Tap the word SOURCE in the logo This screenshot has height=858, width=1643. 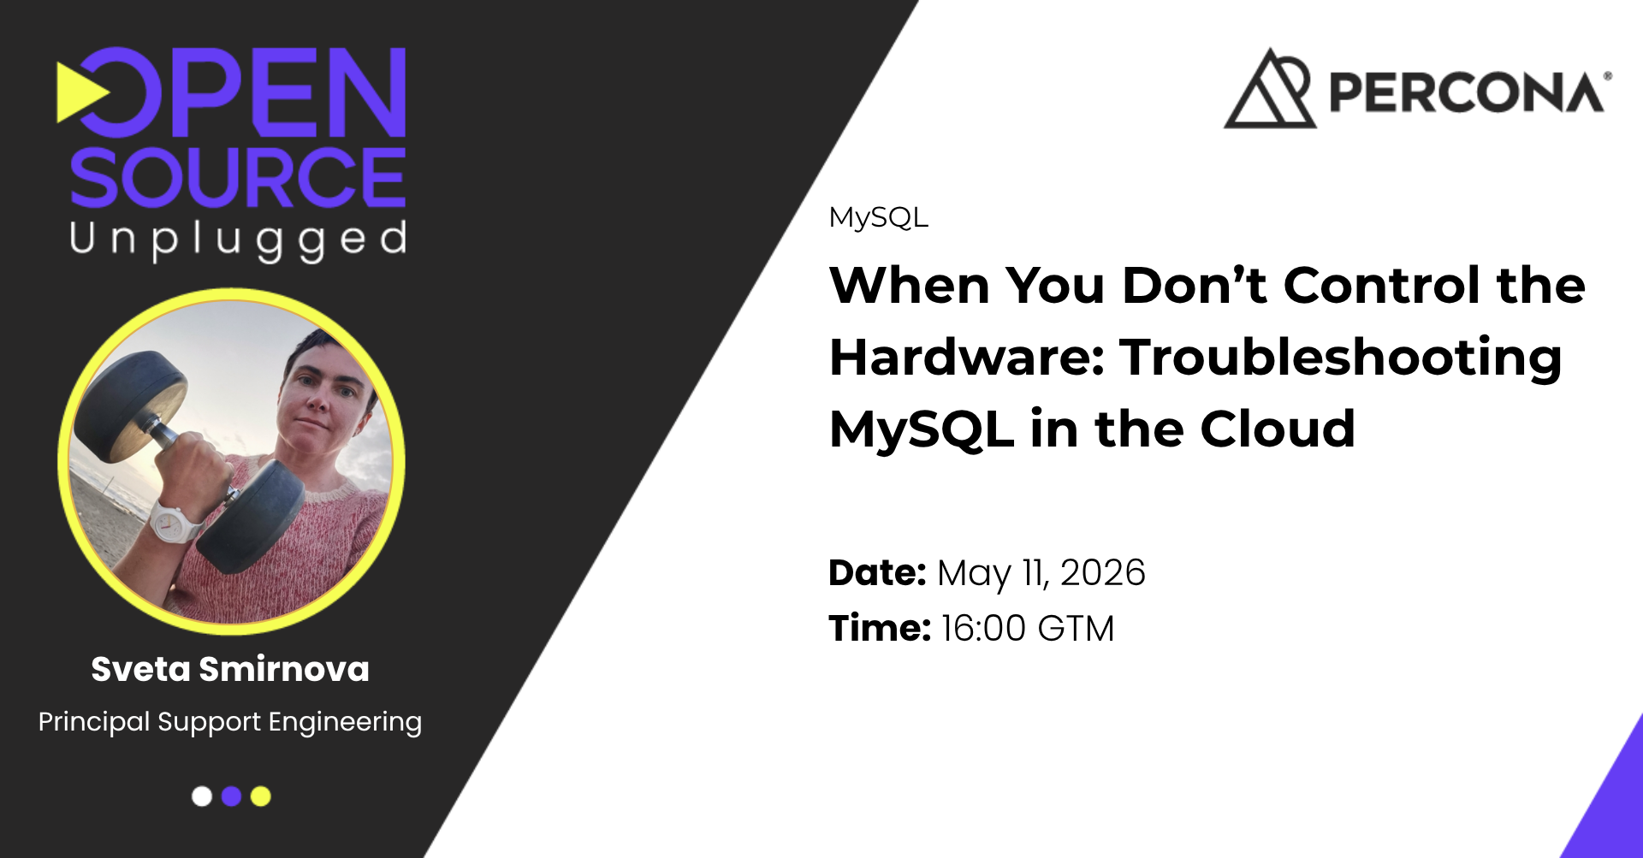click(x=238, y=177)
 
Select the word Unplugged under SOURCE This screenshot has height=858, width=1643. click(x=238, y=240)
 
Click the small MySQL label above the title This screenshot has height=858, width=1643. click(x=878, y=217)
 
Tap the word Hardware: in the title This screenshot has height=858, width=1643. click(x=967, y=357)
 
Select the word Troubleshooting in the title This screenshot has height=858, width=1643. click(x=1341, y=358)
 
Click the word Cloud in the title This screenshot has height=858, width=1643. click(x=1278, y=429)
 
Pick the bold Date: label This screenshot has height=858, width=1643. click(x=877, y=572)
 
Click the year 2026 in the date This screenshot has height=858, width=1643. click(x=1102, y=572)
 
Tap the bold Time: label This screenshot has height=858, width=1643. click(x=880, y=628)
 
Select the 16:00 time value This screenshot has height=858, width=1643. click(x=983, y=628)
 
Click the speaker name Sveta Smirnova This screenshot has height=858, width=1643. click(x=230, y=669)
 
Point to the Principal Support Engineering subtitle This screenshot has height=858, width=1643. click(x=230, y=722)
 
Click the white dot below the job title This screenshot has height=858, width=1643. click(x=202, y=796)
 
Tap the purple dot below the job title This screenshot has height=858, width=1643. click(x=231, y=796)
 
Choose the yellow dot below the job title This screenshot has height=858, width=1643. click(x=261, y=796)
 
